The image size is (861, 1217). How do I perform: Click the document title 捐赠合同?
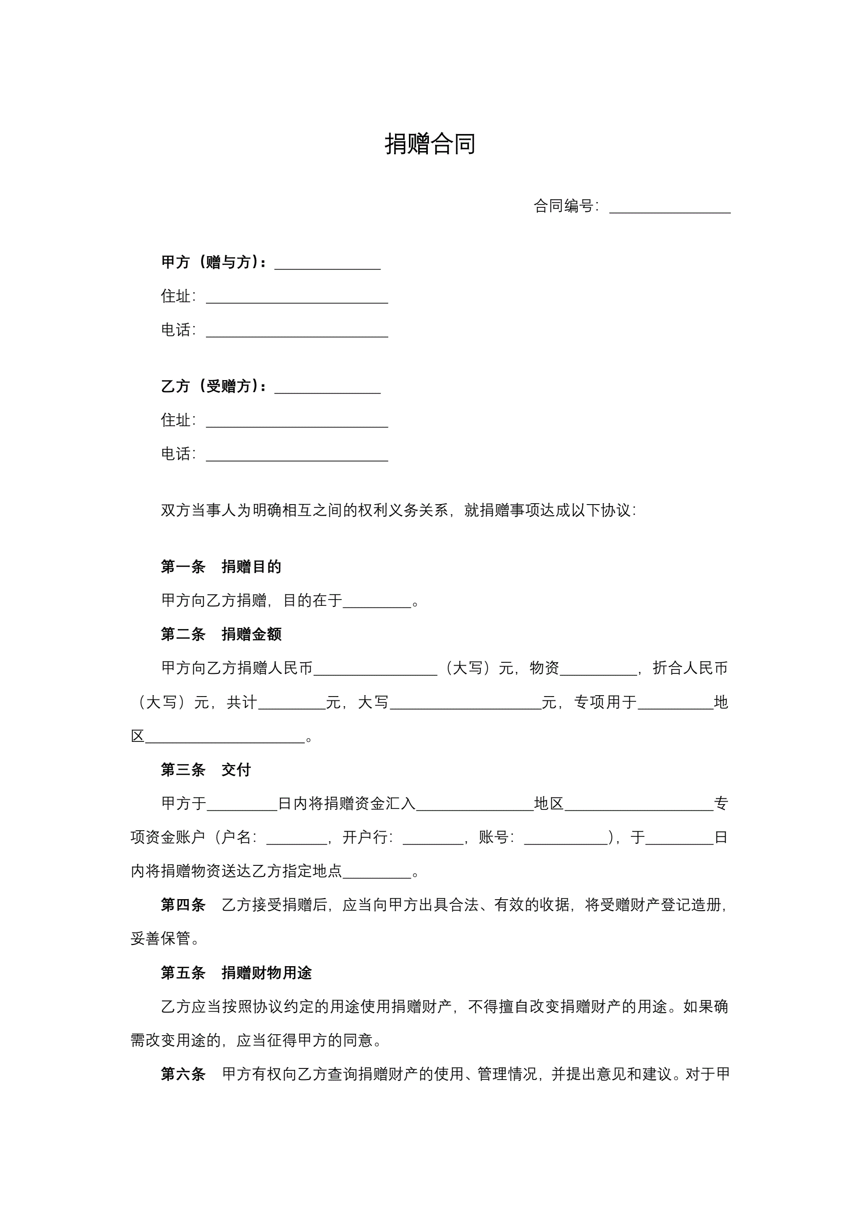[430, 144]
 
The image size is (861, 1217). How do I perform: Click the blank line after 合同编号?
[670, 208]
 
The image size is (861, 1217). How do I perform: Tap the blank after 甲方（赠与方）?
[327, 264]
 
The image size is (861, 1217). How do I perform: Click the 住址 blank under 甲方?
[297, 298]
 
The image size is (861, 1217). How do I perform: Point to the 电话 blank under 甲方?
[297, 332]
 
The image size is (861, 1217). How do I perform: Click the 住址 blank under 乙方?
[297, 422]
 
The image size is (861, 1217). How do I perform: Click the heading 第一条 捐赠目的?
[221, 567]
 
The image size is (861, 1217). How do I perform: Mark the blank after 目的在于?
[377, 602]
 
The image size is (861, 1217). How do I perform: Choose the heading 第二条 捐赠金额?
[221, 634]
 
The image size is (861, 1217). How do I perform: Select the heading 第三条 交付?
[205, 770]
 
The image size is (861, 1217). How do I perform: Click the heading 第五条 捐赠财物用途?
[236, 972]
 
